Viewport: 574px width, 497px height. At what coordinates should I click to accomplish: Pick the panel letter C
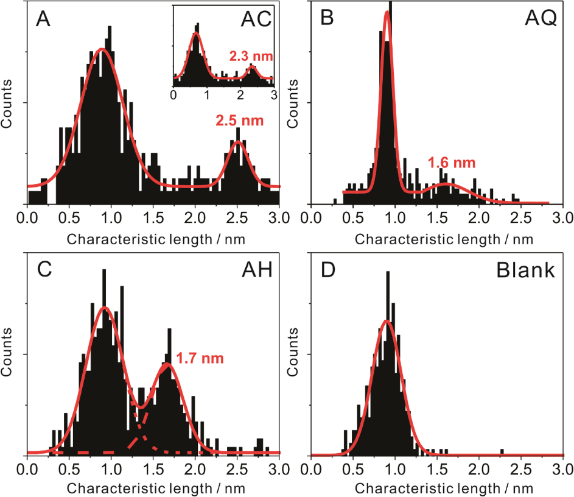pos(43,270)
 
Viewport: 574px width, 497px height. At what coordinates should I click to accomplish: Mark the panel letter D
pos(327,270)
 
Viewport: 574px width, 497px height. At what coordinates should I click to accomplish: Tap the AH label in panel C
pos(256,270)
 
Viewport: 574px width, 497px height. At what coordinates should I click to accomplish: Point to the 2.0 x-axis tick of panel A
pos(195,217)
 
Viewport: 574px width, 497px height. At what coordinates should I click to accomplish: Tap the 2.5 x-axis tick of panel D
pos(520,469)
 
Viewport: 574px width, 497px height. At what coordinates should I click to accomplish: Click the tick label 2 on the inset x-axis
pos(241,95)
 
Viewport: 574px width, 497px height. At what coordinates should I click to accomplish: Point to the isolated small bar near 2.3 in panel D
pos(502,451)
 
